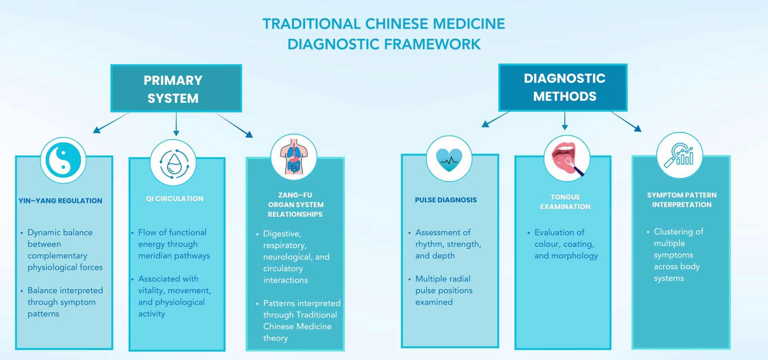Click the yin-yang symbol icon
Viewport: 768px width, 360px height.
coord(63,160)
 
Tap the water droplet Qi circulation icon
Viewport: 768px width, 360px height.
coord(173,163)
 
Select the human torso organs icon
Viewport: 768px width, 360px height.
coord(294,157)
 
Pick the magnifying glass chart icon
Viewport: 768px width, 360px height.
coord(679,155)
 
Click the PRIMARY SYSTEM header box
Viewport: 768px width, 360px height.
coord(176,88)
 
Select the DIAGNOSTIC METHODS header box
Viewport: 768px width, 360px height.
coord(563,87)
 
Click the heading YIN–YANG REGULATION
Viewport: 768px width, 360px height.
coord(60,201)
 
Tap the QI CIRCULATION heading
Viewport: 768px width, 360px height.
coord(174,199)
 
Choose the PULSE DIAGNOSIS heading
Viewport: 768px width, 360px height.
coord(446,200)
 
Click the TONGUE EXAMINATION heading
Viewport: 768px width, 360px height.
coord(565,202)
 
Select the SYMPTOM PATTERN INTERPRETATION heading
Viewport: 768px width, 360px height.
coord(681,200)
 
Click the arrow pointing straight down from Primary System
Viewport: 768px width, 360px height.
coord(176,125)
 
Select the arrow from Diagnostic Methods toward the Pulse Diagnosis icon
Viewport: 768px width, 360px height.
coord(496,119)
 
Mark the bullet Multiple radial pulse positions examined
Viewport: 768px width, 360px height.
coord(443,290)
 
